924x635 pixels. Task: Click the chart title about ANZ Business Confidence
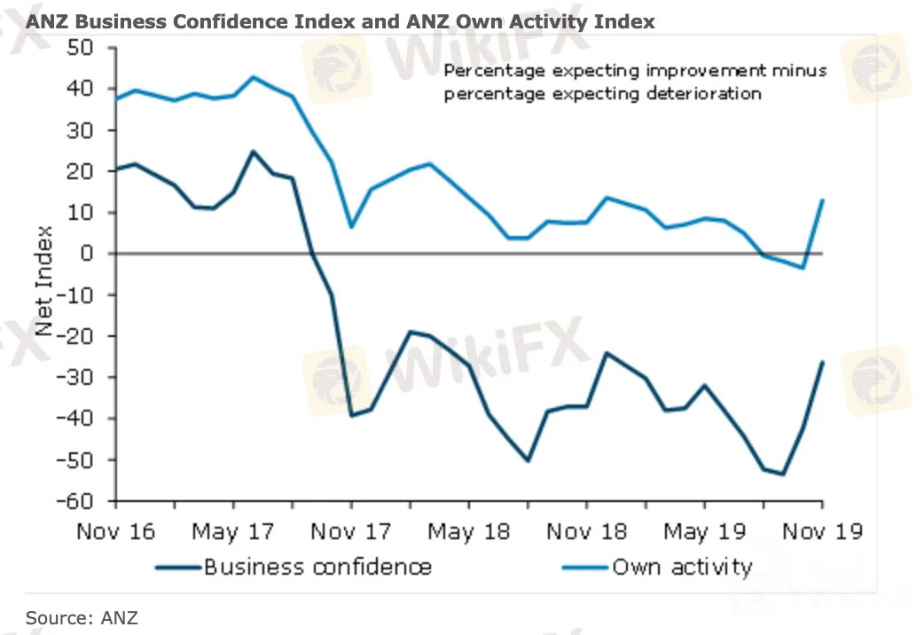pos(341,20)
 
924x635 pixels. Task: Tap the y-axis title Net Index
pos(44,281)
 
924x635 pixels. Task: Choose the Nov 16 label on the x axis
pos(115,531)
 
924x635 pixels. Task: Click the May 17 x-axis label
pos(233,531)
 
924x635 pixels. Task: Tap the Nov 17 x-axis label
pos(351,531)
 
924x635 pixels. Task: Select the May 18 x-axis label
pos(469,531)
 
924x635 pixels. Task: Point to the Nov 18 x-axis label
pos(586,531)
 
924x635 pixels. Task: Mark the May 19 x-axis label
pos(705,531)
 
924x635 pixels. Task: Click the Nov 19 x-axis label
pos(821,531)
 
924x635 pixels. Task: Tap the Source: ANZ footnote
pos(82,617)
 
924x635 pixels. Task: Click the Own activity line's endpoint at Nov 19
pos(823,200)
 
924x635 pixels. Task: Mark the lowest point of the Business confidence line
pos(783,474)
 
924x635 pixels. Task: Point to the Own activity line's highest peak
pos(253,77)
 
